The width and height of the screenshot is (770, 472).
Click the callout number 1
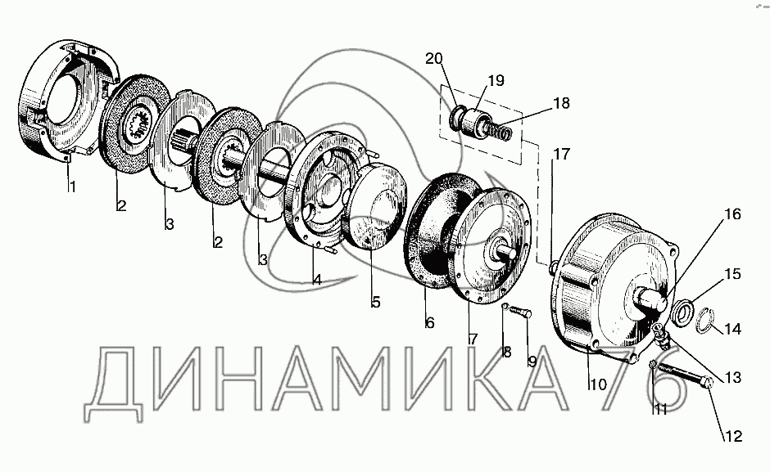(x=72, y=187)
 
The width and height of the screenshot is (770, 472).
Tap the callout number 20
(x=433, y=58)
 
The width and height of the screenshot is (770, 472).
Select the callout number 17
(x=561, y=154)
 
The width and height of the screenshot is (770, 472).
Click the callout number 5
(x=376, y=302)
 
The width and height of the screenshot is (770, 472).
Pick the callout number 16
(x=732, y=214)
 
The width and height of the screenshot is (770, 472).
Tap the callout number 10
(x=598, y=384)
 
